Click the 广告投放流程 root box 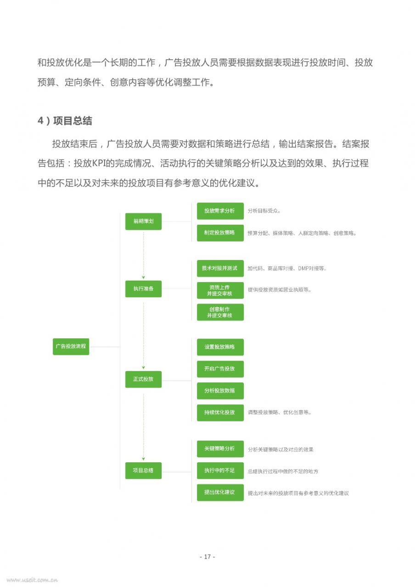point(71,346)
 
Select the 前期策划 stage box point(143,222)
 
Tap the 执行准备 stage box point(143,289)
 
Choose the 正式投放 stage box point(143,379)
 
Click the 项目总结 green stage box point(143,471)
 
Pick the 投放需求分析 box point(220,211)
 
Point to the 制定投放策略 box point(220,233)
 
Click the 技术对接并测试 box point(220,268)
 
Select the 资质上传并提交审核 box point(220,290)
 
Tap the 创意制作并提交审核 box point(220,312)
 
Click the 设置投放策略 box point(220,347)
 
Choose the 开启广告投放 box point(220,369)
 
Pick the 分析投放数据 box point(220,391)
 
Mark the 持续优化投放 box point(220,413)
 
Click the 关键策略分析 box point(220,449)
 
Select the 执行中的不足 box point(220,471)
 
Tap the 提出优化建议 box point(220,493)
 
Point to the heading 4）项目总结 point(65,121)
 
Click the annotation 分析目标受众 point(264,210)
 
